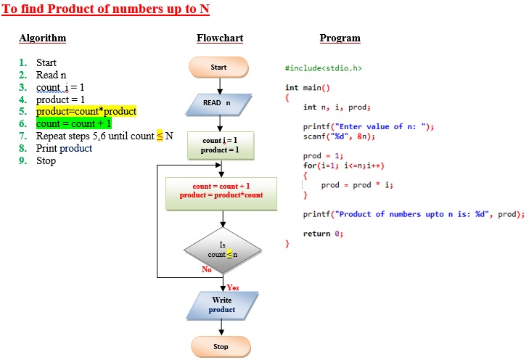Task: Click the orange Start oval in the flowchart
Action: [219, 67]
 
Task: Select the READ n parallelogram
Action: [219, 103]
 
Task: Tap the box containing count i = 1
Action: [220, 145]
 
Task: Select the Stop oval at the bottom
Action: [221, 346]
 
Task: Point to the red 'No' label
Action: [207, 269]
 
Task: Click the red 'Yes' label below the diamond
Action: [233, 287]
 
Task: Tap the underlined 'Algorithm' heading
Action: [42, 38]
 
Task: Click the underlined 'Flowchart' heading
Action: [220, 38]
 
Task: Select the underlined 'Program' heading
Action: [340, 38]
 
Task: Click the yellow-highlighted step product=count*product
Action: [86, 112]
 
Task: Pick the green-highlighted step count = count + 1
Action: [74, 124]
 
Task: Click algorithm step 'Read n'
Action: [52, 75]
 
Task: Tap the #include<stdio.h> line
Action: [324, 68]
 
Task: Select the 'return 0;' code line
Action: [323, 233]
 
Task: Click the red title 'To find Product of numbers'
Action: [107, 10]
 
